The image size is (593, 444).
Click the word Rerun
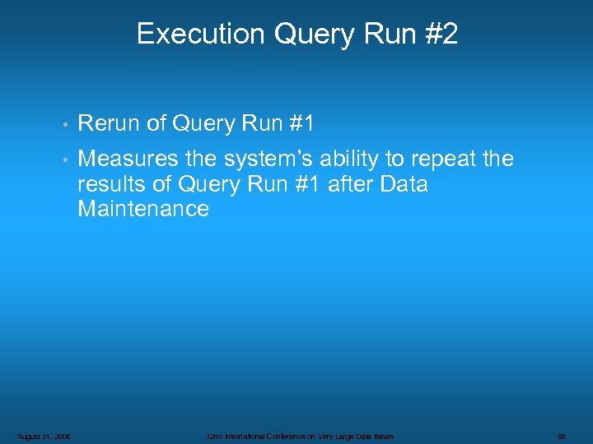[108, 123]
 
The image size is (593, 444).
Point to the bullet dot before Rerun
[65, 125]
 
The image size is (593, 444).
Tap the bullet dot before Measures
[65, 160]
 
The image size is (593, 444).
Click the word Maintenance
[143, 209]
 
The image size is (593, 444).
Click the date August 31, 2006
[44, 436]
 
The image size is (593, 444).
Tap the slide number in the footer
[561, 436]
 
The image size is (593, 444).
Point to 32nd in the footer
[214, 436]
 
